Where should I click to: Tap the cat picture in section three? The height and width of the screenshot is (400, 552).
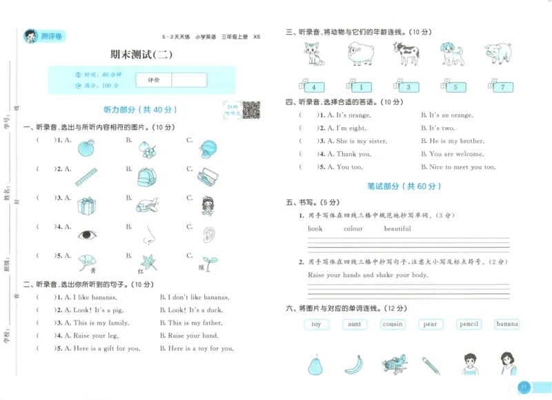314,54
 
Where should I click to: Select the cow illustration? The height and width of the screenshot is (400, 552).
406,54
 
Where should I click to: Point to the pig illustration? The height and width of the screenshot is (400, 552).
497,54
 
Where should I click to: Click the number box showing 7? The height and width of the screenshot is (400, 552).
502,87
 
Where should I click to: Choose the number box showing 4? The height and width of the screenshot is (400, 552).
313,87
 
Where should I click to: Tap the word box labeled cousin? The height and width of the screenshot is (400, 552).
393,324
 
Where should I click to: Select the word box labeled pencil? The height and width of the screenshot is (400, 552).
469,324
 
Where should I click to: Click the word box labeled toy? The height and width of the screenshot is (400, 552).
316,324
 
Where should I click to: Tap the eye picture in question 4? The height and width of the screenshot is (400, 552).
87,235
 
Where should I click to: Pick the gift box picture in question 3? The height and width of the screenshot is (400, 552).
87,205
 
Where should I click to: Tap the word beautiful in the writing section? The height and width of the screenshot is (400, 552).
397,229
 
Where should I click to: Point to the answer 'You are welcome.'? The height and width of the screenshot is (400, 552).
456,154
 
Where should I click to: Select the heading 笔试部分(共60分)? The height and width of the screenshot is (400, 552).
404,186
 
